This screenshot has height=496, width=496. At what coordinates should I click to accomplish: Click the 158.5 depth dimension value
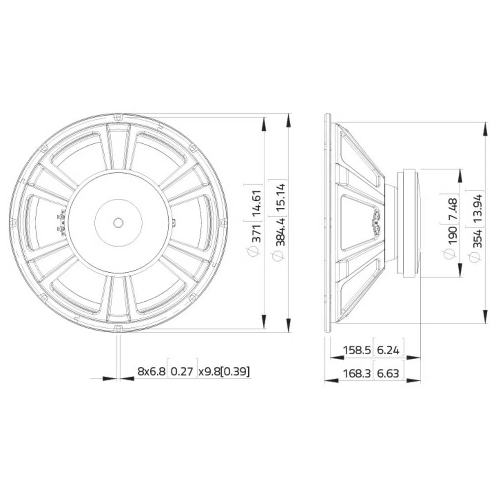357,350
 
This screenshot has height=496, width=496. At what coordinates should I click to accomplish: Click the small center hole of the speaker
118,223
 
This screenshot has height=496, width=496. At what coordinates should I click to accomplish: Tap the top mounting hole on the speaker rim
118,117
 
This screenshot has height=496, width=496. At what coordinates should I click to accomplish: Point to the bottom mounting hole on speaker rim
118,328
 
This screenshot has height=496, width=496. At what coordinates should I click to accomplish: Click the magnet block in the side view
409,223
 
